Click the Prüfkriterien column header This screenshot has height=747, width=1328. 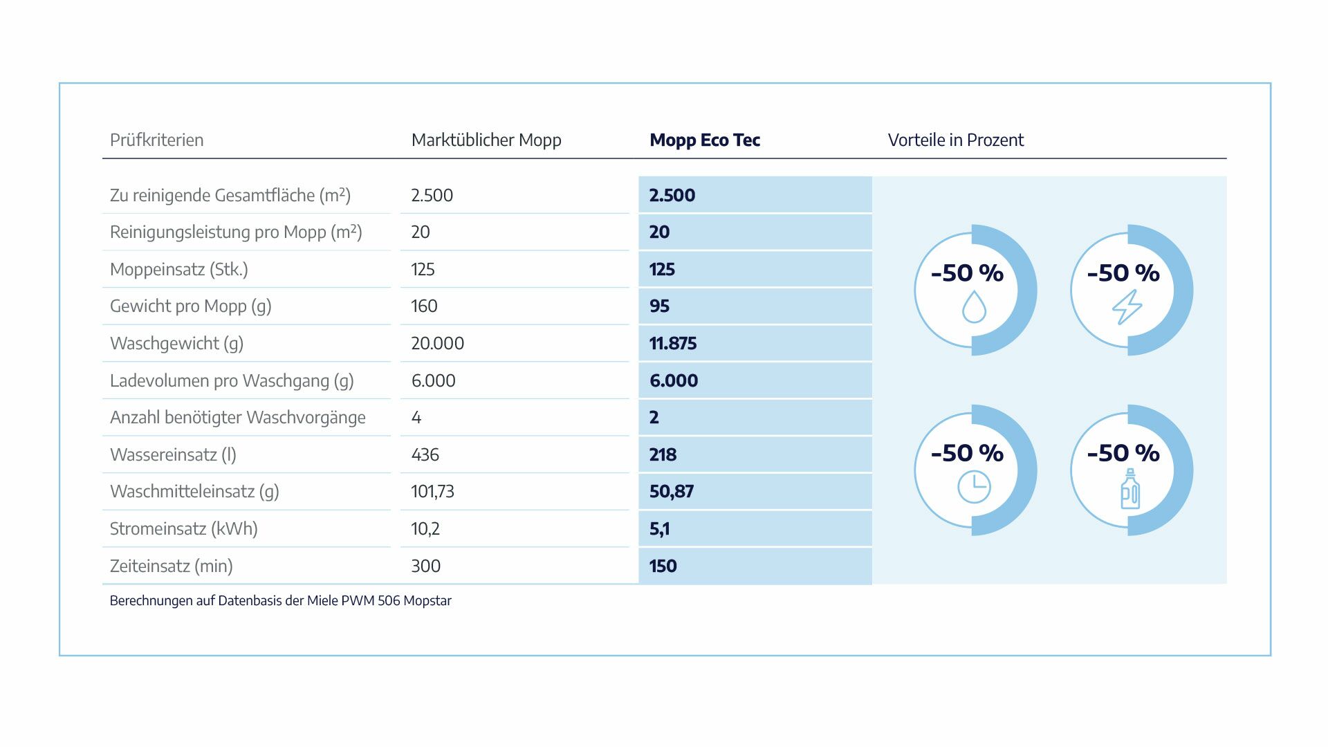point(156,140)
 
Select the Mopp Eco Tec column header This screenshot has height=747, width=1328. point(704,140)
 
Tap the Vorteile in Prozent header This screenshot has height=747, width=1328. point(955,140)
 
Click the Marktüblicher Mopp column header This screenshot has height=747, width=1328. point(486,140)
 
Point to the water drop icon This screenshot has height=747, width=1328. point(974,306)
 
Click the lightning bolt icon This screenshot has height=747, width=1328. point(1127,307)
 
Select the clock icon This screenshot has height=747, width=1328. point(974,487)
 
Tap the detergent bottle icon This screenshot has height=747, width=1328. point(1129,489)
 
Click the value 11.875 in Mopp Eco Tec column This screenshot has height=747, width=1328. point(672,344)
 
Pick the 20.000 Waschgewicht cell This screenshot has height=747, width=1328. point(437,344)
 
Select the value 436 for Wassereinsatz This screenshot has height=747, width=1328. point(425,455)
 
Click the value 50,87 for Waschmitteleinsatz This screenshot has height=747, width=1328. point(671,492)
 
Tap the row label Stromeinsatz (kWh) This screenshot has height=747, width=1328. point(183,529)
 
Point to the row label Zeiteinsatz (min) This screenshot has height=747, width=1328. point(171,566)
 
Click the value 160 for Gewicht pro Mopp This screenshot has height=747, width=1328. point(424,306)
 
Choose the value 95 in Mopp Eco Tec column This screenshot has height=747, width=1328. point(659,306)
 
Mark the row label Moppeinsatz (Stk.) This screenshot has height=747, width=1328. point(178,270)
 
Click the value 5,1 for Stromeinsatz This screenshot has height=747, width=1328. point(659,529)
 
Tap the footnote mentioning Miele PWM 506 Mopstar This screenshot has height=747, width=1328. point(280,601)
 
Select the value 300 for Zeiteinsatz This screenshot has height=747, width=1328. point(425,566)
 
